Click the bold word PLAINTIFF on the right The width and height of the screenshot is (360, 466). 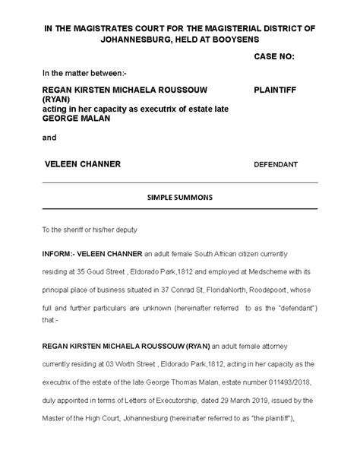click(276, 90)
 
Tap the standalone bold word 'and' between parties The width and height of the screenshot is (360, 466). click(49, 138)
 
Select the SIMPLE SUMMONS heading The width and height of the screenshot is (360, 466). click(179, 197)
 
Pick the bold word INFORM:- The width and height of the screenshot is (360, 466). click(60, 252)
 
